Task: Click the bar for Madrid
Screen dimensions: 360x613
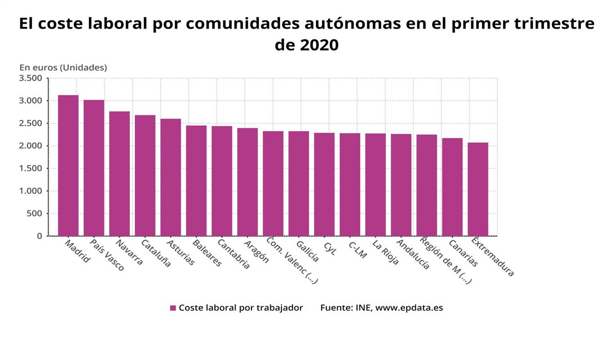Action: coord(68,165)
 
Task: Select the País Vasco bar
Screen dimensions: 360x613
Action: coord(94,168)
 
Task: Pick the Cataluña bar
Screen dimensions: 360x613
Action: coord(145,176)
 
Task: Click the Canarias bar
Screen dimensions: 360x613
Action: coord(452,187)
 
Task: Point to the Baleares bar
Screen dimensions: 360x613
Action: coord(196,181)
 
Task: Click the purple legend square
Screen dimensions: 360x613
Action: coord(173,308)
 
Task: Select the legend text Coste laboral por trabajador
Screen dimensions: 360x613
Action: coord(241,308)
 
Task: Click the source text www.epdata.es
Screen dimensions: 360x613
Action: coord(409,308)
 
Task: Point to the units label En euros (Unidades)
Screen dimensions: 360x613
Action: coord(63,67)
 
